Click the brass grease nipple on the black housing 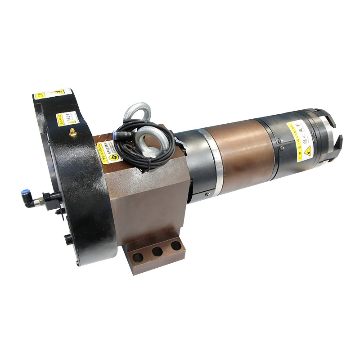72,133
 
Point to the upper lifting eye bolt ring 137,112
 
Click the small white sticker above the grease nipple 67,119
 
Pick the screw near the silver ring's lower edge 207,194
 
